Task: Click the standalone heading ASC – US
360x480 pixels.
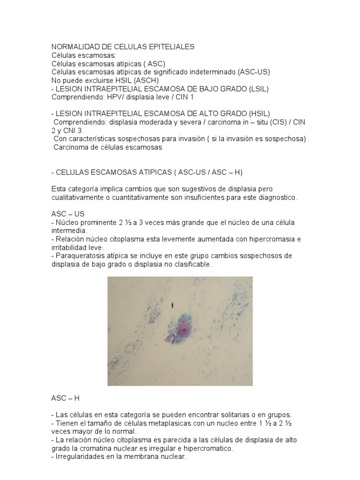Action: (68, 214)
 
